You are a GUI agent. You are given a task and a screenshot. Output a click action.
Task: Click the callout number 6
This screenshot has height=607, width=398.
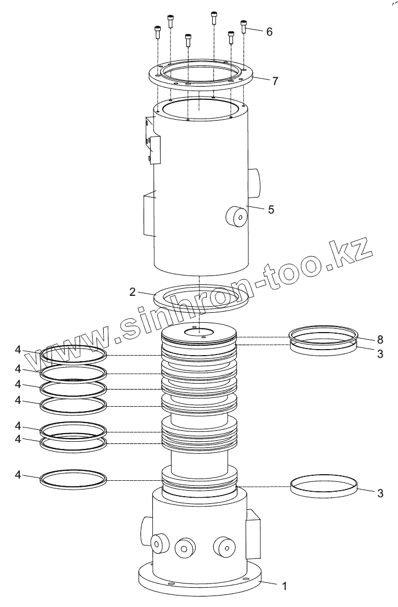(269, 32)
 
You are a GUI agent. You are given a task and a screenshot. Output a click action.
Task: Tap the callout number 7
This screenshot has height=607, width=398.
(275, 81)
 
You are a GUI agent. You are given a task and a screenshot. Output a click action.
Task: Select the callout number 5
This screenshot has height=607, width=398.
(271, 210)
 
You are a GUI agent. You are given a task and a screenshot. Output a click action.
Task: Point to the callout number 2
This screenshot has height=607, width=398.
(133, 292)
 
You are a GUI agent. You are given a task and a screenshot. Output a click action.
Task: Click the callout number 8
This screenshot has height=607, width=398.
(380, 340)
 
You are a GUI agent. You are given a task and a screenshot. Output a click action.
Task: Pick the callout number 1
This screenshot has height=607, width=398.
(285, 586)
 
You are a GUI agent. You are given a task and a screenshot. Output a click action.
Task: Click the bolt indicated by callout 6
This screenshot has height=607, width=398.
(243, 26)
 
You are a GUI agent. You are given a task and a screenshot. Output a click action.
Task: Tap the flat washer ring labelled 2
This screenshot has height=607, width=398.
(201, 306)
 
